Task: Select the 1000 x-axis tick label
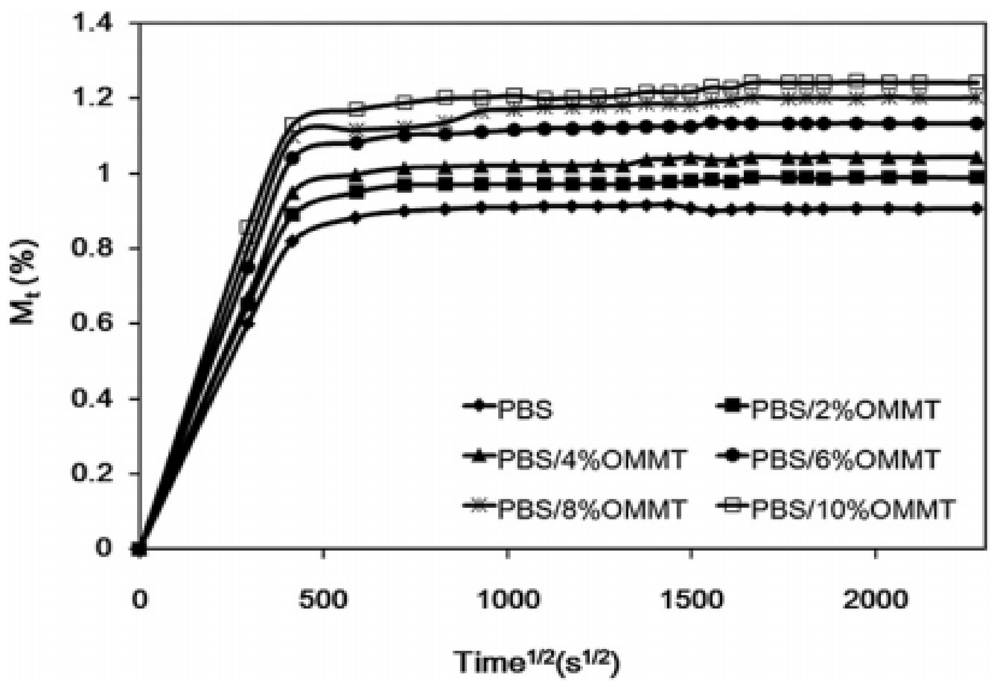507,599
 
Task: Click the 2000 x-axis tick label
874,599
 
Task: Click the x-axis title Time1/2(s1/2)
537,662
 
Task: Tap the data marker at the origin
139,548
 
